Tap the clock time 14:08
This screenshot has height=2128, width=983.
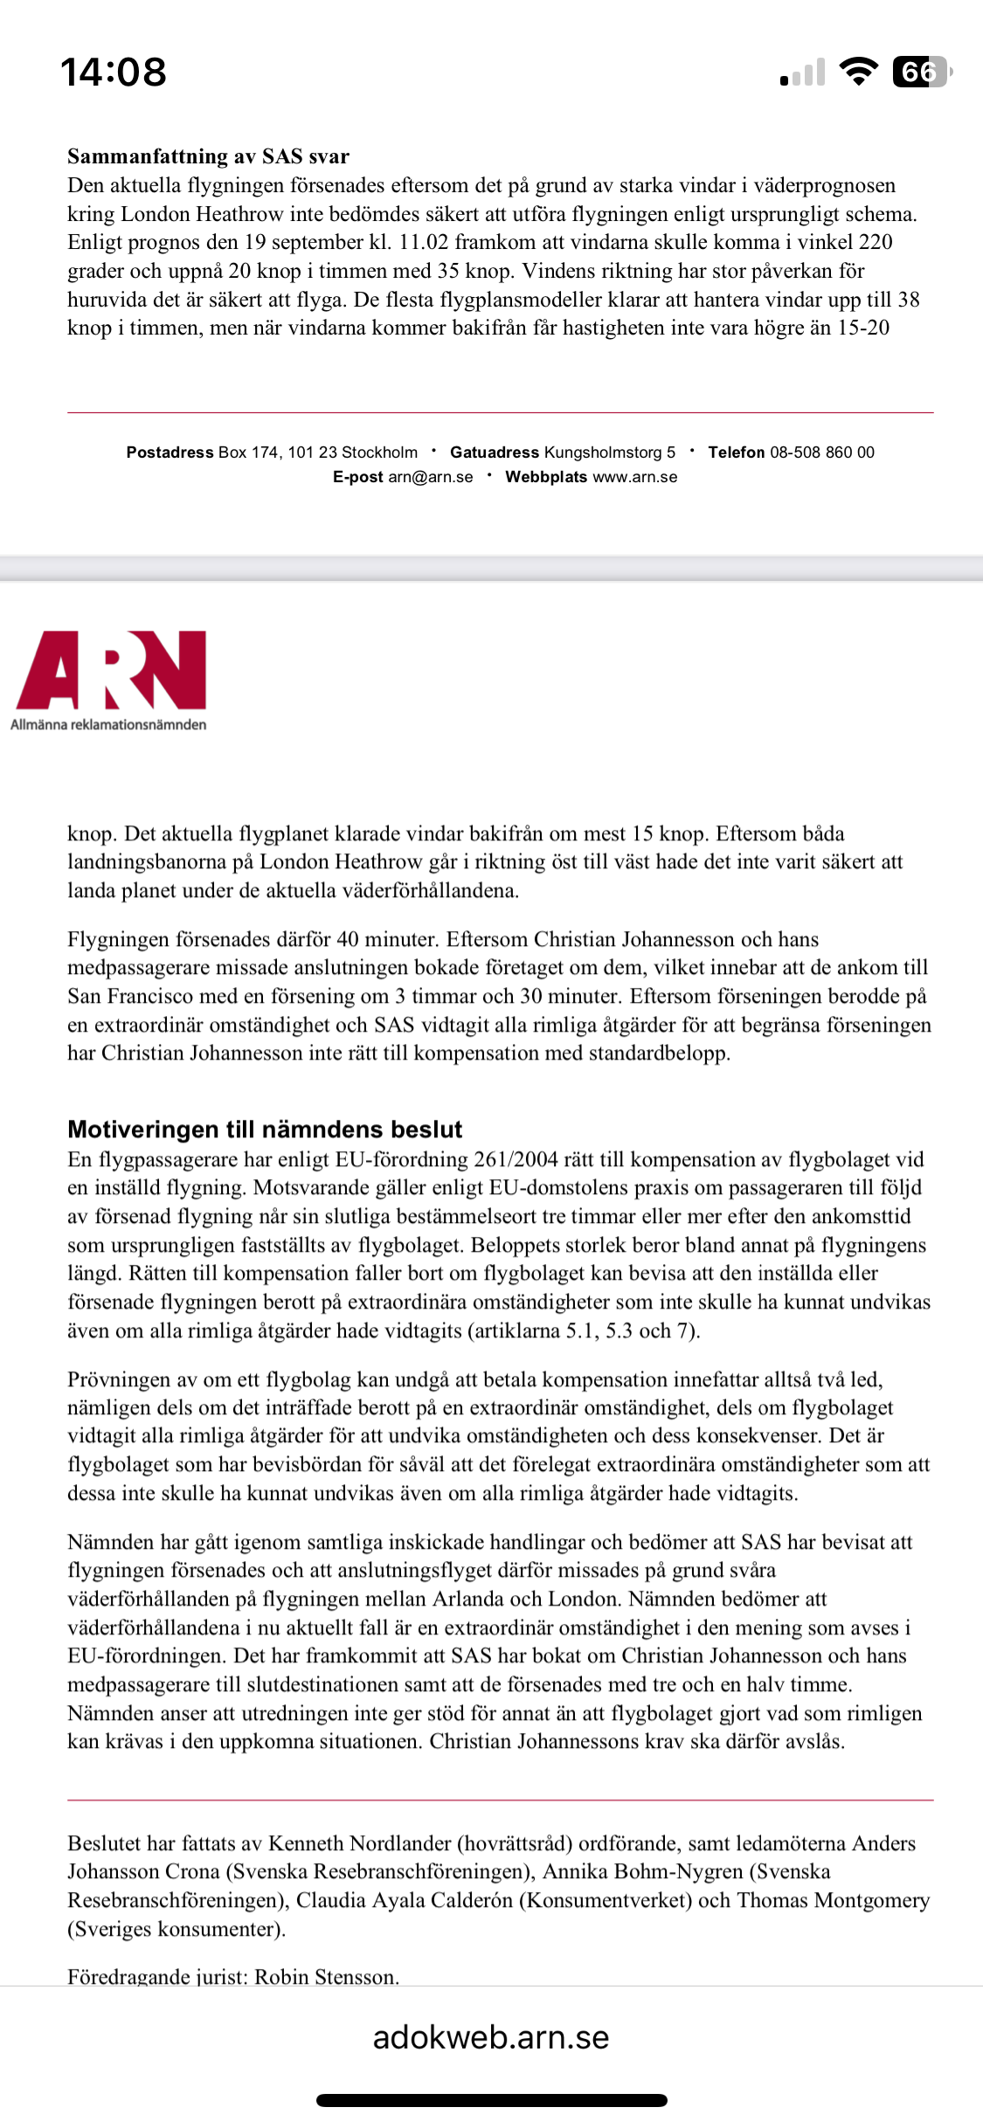point(114,72)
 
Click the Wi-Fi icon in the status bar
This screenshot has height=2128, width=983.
point(858,72)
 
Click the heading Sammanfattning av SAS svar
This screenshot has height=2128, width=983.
point(208,156)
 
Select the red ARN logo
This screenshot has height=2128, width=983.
point(111,670)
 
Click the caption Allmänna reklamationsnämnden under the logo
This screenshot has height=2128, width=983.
point(108,724)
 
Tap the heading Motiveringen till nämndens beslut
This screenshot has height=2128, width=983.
point(265,1130)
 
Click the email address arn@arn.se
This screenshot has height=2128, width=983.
point(431,477)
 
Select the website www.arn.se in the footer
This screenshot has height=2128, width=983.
point(635,477)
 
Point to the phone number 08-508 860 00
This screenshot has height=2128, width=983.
point(821,453)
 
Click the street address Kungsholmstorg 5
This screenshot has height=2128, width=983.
point(610,453)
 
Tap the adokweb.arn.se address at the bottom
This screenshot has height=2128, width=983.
point(491,2037)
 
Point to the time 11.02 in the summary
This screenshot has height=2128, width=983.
point(424,242)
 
